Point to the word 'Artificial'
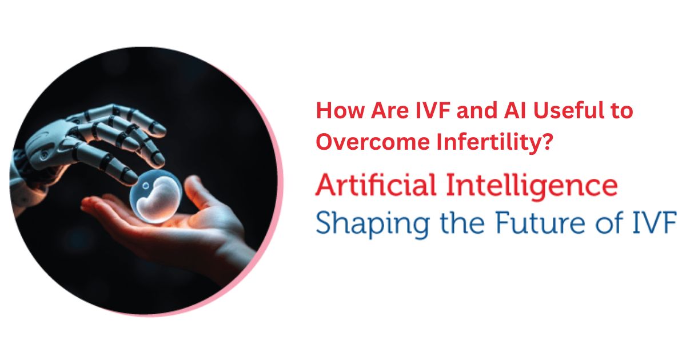[x=376, y=185]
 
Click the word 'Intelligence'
[x=532, y=187]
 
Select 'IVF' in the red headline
[x=432, y=110]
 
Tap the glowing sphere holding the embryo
[x=156, y=196]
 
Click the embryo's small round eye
[x=146, y=186]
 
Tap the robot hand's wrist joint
[x=19, y=171]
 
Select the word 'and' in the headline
[x=477, y=110]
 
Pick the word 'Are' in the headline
[x=389, y=110]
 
